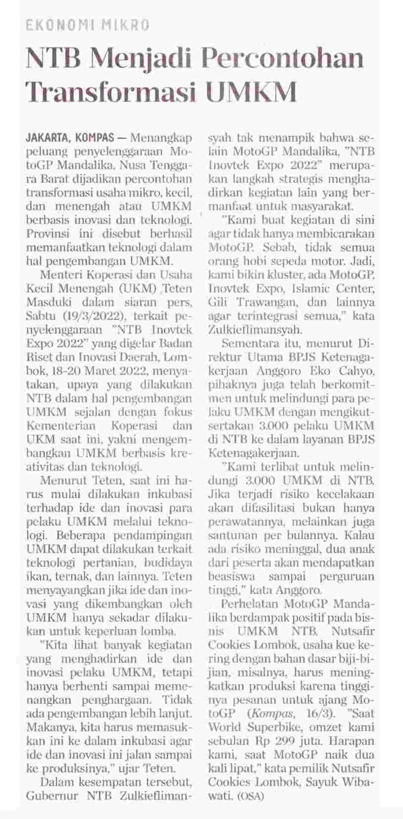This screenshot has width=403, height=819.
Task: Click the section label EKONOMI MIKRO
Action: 88,25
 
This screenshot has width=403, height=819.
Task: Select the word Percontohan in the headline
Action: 283,58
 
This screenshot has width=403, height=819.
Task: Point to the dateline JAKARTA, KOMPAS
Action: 70,136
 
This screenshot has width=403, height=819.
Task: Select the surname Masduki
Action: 50,302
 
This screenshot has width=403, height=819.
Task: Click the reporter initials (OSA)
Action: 252,797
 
